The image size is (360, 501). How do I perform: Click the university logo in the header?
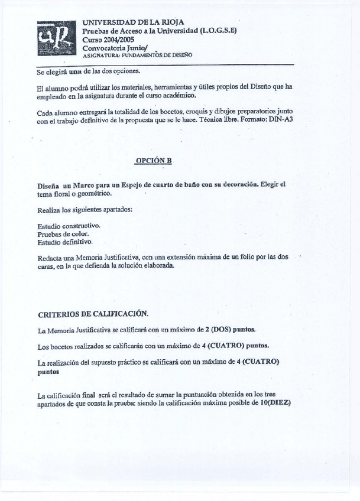tap(57, 38)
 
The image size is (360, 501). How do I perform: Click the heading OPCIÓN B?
tap(153, 161)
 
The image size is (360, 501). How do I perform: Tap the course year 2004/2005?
tap(116, 39)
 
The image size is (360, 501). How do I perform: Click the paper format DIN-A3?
tap(281, 119)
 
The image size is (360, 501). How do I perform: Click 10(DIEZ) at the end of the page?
tap(272, 404)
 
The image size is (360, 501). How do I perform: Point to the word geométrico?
tap(92, 193)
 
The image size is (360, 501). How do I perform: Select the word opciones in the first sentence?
tap(125, 71)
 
